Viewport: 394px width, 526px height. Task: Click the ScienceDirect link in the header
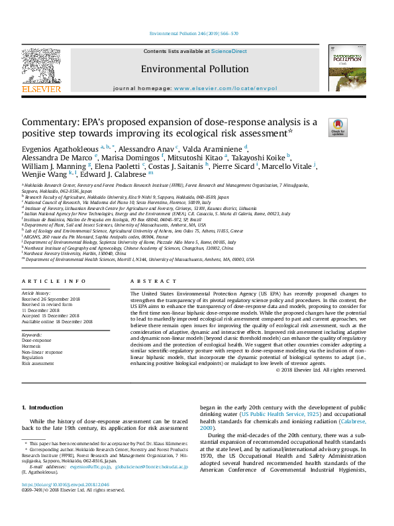[229, 51]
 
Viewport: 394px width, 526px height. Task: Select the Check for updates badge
[338, 127]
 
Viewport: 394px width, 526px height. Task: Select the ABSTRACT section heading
[145, 282]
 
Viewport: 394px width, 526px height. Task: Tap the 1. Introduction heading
[43, 407]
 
